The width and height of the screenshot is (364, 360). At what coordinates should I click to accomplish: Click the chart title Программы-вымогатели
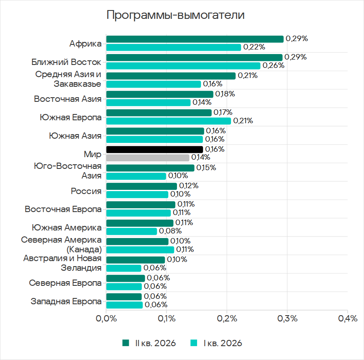coord(175,15)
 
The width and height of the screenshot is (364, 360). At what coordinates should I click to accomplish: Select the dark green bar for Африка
coord(195,39)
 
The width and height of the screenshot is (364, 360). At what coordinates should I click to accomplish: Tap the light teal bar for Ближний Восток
coord(183,66)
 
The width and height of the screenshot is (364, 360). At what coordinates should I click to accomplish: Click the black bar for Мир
coord(155,149)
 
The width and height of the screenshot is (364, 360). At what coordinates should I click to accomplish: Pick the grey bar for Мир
coord(148,158)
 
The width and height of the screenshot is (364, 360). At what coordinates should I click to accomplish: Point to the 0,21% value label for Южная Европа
coord(243,121)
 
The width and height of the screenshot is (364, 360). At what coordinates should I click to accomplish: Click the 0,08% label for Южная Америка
coord(170,231)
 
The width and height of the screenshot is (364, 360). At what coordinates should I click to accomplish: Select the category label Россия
coord(86,191)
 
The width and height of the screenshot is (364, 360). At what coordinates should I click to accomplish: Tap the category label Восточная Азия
coord(68,99)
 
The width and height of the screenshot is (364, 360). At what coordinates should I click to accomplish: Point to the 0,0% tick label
coord(107,319)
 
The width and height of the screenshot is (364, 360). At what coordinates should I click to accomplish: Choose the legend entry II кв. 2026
coord(149,343)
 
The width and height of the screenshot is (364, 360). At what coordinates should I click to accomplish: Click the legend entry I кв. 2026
coord(216,343)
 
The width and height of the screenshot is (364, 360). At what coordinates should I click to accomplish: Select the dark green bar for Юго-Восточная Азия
coord(150,168)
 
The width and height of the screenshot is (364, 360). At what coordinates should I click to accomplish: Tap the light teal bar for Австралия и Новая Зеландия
coord(124,268)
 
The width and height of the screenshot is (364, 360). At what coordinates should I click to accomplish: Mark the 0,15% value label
coord(206,168)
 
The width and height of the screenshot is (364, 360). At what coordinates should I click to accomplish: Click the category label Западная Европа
coord(66,302)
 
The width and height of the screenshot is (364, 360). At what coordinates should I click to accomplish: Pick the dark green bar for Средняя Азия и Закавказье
coord(171,76)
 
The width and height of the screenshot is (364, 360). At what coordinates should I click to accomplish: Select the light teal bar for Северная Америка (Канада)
coord(140,250)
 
